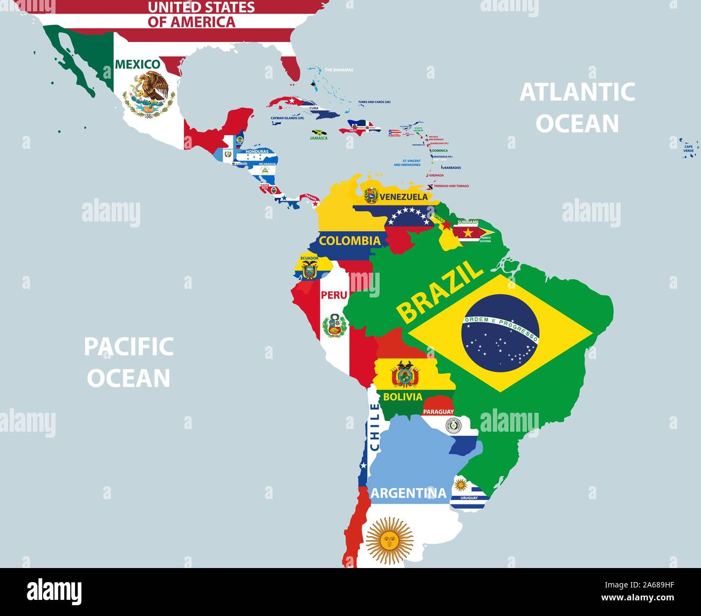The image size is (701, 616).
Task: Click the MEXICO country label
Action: (x=138, y=65)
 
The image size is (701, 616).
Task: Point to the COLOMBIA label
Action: (x=349, y=240)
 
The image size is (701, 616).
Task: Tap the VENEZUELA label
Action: (x=403, y=197)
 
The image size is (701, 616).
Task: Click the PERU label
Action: (x=333, y=295)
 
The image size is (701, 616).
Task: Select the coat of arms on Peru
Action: (x=334, y=326)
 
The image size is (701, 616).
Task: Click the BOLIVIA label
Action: (x=402, y=397)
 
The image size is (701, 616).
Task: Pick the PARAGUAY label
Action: (x=438, y=412)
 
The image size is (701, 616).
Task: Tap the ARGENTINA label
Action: (x=408, y=493)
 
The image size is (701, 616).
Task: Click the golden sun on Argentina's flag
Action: (x=389, y=539)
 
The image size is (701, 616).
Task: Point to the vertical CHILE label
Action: (x=374, y=427)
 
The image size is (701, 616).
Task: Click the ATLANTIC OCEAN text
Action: (x=577, y=108)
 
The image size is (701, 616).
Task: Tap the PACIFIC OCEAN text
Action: (x=129, y=362)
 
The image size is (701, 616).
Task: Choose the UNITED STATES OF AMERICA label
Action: (x=193, y=15)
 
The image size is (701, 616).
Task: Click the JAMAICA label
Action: (x=319, y=138)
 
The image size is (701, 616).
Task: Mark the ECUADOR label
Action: (x=310, y=258)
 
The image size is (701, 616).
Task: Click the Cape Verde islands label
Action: (x=689, y=148)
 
